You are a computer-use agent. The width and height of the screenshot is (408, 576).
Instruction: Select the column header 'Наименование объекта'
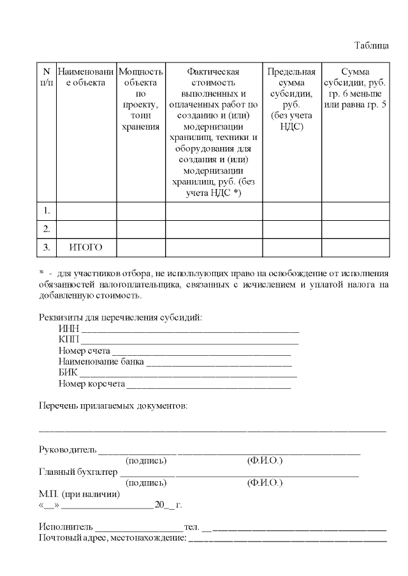click(x=86, y=77)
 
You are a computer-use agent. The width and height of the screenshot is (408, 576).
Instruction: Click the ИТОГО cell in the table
click(x=85, y=247)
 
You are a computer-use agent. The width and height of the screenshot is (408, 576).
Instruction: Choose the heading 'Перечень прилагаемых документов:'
click(x=113, y=405)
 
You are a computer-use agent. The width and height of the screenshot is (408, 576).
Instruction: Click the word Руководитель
click(x=68, y=450)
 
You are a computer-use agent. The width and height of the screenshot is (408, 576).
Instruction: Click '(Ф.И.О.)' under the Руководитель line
click(x=264, y=460)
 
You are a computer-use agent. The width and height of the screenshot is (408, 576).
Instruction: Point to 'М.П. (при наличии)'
click(x=79, y=494)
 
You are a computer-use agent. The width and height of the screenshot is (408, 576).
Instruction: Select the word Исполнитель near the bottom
click(x=66, y=528)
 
